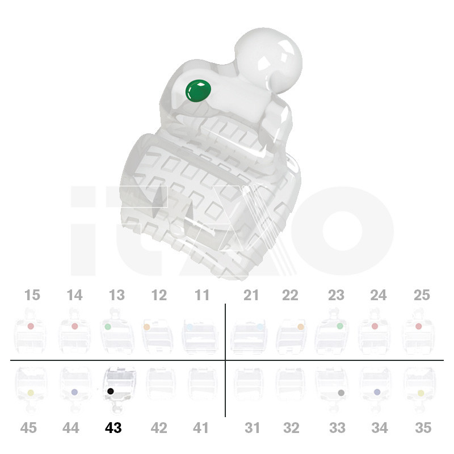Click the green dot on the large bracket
pyautogui.click(x=198, y=91)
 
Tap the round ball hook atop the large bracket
pyautogui.click(x=268, y=60)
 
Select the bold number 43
pyautogui.click(x=113, y=428)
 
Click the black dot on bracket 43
pyautogui.click(x=110, y=391)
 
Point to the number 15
pyautogui.click(x=32, y=295)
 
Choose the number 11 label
pyautogui.click(x=202, y=295)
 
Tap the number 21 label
pyautogui.click(x=251, y=295)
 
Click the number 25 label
pyautogui.click(x=422, y=295)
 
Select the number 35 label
pyautogui.click(x=423, y=428)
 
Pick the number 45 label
pyautogui.click(x=28, y=428)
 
